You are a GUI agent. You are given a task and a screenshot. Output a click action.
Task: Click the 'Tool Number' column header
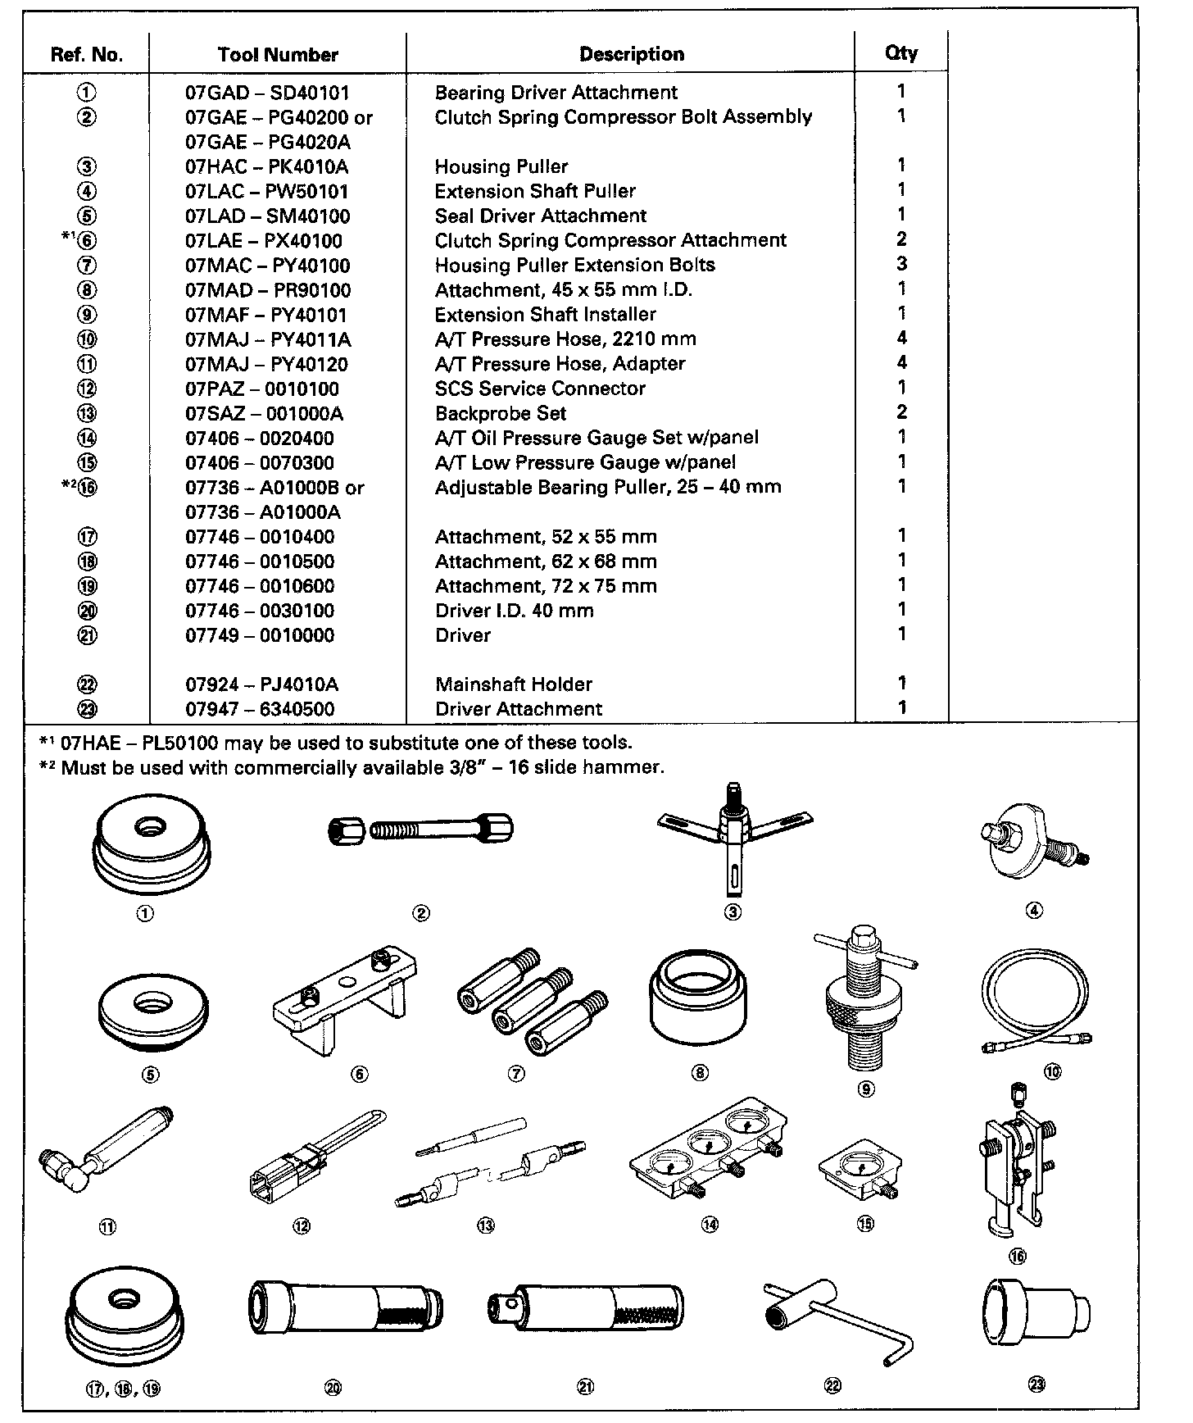tap(278, 55)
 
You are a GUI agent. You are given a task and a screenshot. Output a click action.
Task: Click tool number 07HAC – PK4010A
tap(266, 167)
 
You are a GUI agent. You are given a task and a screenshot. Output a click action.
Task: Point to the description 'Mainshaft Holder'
tap(514, 684)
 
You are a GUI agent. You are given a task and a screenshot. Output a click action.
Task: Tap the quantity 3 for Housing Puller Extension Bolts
tap(901, 264)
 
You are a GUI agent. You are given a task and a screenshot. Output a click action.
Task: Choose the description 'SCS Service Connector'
tap(540, 389)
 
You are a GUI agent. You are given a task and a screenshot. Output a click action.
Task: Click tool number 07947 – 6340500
tap(260, 709)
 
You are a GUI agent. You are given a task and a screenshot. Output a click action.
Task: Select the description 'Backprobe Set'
tap(500, 413)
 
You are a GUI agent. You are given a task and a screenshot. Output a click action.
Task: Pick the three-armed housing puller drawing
tap(733, 836)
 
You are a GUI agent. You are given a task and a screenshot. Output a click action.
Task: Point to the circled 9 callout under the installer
tap(866, 1089)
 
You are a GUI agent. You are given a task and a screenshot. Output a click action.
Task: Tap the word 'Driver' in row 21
tap(463, 635)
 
